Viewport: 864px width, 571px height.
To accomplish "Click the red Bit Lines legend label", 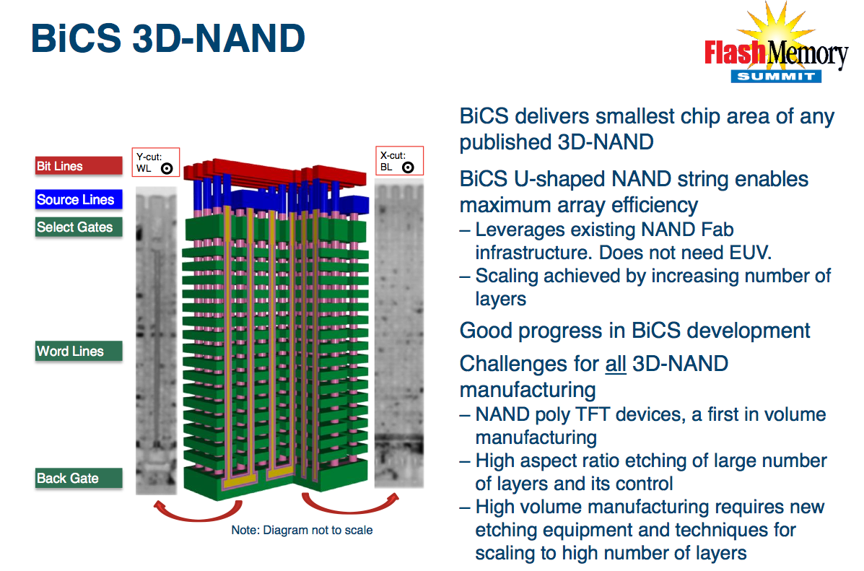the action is [x=79, y=166].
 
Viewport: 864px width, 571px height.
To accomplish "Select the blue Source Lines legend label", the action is [x=79, y=199].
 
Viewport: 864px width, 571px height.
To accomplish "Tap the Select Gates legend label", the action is [x=79, y=227].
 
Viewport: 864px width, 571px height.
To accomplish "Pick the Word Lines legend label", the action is [x=79, y=351].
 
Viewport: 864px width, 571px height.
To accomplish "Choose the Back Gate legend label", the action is [x=79, y=478].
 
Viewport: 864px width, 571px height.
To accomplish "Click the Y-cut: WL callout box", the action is [x=156, y=162].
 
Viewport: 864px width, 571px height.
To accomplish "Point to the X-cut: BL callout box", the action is [x=399, y=160].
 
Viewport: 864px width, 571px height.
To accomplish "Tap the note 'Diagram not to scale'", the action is [x=302, y=530].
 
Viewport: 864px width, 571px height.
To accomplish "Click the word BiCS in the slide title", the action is [x=76, y=38].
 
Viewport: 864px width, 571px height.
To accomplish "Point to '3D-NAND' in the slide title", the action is [x=219, y=38].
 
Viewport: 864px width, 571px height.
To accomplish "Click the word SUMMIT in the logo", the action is [x=776, y=76].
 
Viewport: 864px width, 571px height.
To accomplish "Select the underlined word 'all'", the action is [x=616, y=364].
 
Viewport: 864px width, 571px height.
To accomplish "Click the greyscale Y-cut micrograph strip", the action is [x=157, y=340].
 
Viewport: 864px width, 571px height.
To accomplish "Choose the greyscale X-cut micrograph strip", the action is [x=399, y=336].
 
